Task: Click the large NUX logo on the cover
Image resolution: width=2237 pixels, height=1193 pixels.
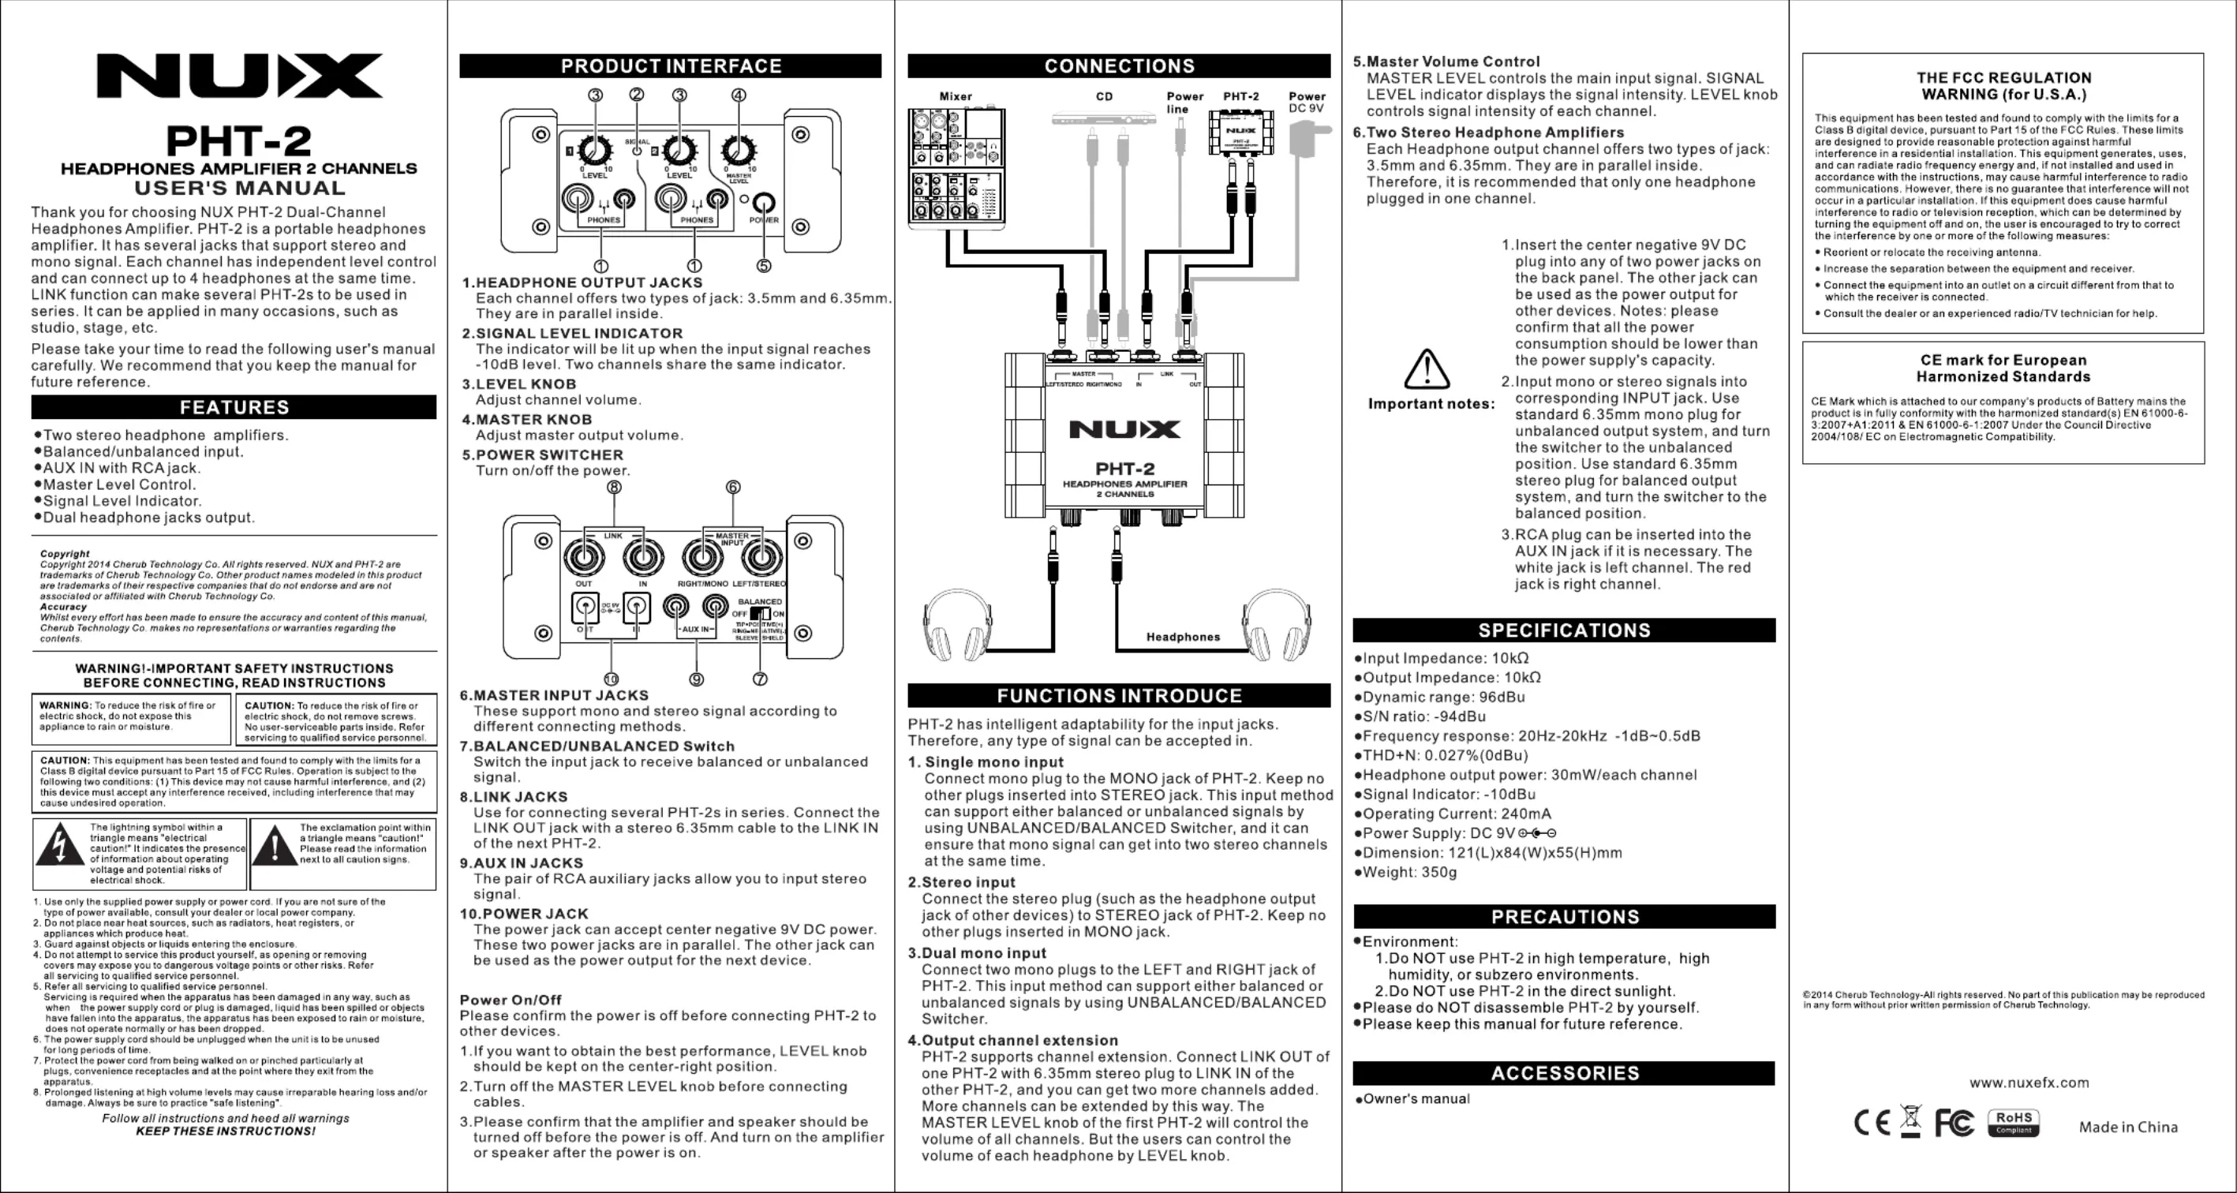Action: coord(239,76)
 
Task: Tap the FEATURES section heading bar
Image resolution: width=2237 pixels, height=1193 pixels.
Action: coord(234,407)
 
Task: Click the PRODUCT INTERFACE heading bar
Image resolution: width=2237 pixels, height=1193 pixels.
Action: coord(671,66)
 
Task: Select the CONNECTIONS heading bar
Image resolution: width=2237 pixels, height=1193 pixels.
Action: coord(1119,66)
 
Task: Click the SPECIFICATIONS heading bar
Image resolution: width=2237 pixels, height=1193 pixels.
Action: coord(1564,630)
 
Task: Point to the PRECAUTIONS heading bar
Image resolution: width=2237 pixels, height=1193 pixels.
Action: coord(1564,917)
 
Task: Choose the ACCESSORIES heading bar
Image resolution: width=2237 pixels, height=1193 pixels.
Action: coord(1564,1073)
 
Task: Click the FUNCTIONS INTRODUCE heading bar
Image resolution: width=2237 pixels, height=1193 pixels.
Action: coord(1119,695)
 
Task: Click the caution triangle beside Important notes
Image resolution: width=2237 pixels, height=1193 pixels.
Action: coord(1426,369)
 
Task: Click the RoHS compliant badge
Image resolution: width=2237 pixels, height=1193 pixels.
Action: coord(2013,1122)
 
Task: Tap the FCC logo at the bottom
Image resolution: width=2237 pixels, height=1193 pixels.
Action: coord(1954,1123)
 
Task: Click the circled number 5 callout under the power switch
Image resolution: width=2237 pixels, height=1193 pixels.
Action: coord(763,266)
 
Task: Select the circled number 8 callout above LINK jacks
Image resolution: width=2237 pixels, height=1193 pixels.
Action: coord(614,487)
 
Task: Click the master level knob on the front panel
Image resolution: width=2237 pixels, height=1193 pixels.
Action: coord(738,151)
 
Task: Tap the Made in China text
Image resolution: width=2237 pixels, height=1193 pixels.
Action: coord(2127,1127)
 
